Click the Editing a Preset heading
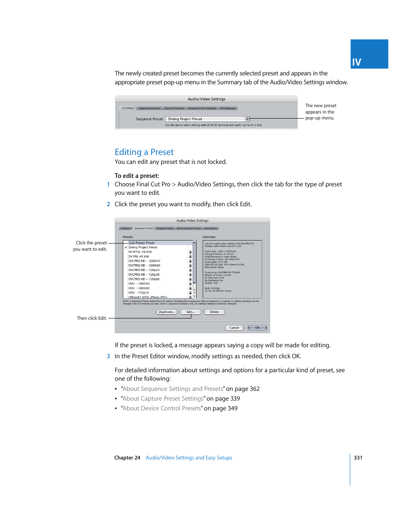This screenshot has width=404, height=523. pos(144,152)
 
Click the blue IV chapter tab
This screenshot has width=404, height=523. pos(369,54)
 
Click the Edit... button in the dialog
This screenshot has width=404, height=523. pos(190,312)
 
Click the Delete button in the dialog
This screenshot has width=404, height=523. pos(214,312)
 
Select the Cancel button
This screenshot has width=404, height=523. pos(234,328)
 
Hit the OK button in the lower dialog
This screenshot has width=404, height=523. pos(257,328)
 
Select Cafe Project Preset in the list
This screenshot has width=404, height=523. pos(141,243)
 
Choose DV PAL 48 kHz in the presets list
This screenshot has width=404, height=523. pos(139,256)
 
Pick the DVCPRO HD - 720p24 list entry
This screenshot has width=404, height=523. pos(144,270)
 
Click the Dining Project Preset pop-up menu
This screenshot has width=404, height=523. pos(208,119)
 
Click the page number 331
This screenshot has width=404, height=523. pos(358,458)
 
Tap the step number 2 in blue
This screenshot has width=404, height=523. pos(108,204)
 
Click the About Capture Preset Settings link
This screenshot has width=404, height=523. pos(163,398)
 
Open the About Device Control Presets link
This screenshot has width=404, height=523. pos(162,408)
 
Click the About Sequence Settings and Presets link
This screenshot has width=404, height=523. pos(173,389)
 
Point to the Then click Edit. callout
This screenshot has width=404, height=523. pos(91,318)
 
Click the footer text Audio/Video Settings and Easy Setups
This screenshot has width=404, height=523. pos(189,458)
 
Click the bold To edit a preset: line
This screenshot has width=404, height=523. pos(137,176)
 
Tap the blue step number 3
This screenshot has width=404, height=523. pos(108,356)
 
